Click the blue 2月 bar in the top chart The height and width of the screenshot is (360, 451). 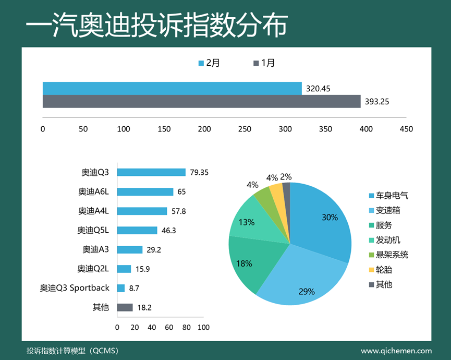172,88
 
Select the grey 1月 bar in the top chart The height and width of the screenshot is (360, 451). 201,101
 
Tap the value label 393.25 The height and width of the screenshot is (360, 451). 376,102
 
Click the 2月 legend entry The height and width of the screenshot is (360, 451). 209,63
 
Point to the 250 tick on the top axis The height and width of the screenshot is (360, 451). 245,129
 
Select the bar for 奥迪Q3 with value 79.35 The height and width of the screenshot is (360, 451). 151,172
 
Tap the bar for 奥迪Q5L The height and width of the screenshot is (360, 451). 137,230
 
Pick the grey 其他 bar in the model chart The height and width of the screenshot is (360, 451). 125,307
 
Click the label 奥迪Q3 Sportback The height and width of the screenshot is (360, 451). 75,288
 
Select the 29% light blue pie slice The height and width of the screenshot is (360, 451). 302,282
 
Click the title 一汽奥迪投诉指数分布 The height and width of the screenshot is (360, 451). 156,25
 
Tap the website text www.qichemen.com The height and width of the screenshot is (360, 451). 396,351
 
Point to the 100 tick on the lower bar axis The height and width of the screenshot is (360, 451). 204,327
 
